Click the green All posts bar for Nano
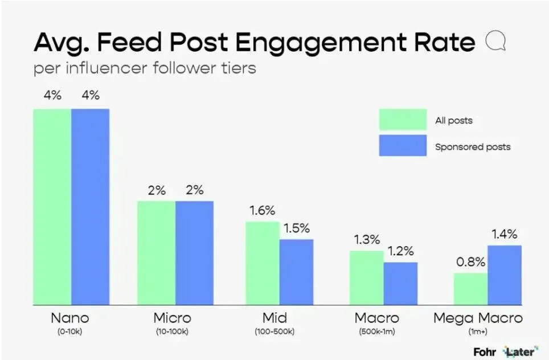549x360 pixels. pyautogui.click(x=52, y=206)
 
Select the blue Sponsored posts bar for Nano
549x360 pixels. pyautogui.click(x=90, y=206)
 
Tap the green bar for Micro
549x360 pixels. pyautogui.click(x=156, y=252)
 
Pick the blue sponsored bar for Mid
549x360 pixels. pyautogui.click(x=296, y=272)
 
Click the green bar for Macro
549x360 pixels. pyautogui.click(x=366, y=277)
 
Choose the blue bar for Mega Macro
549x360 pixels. pyautogui.click(x=505, y=275)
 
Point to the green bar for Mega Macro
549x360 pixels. pyautogui.click(x=470, y=289)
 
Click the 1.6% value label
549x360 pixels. pyautogui.click(x=263, y=210)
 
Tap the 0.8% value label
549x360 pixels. pyautogui.click(x=470, y=262)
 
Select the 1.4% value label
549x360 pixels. pyautogui.click(x=504, y=234)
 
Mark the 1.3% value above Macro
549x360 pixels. pyautogui.click(x=366, y=239)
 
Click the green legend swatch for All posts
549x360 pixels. pyautogui.click(x=403, y=120)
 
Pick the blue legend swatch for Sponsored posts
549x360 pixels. pyautogui.click(x=403, y=145)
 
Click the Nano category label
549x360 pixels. pyautogui.click(x=70, y=317)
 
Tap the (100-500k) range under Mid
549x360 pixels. pyautogui.click(x=280, y=331)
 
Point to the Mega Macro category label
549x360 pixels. pyautogui.click(x=477, y=317)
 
